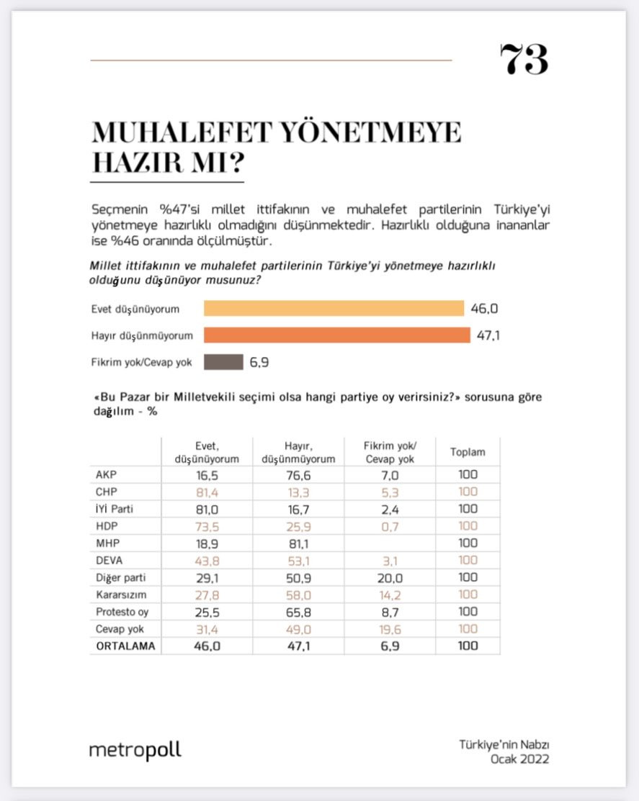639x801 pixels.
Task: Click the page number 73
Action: (x=524, y=60)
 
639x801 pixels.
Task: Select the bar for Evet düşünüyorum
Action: (x=334, y=309)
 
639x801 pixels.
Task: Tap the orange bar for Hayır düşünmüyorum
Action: (x=336, y=335)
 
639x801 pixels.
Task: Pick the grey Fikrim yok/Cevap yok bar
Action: (x=223, y=362)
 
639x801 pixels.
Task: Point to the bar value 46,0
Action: (x=485, y=309)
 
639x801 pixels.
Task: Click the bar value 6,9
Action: (x=259, y=362)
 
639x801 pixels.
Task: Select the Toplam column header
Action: (x=468, y=453)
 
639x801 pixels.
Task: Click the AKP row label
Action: (x=106, y=475)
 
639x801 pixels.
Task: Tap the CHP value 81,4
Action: (x=197, y=492)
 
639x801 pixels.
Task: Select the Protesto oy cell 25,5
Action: (x=197, y=612)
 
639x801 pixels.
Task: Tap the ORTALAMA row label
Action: (x=125, y=646)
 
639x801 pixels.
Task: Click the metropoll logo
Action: (x=135, y=750)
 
